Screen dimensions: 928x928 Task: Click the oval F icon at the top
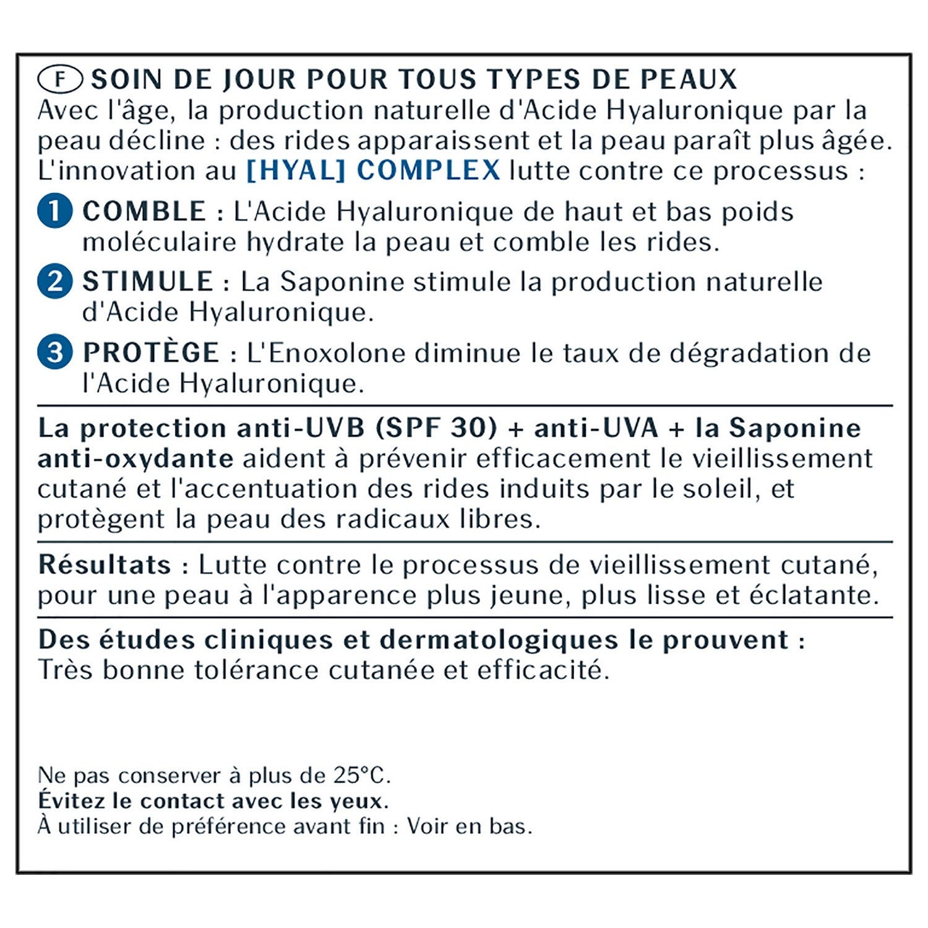60,79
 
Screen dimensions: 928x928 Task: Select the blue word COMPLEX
429,170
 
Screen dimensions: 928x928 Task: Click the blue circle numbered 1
55,211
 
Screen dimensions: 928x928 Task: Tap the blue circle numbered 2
55,281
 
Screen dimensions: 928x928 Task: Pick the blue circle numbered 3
55,353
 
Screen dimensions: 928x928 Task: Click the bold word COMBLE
144,212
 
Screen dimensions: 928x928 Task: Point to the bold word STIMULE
148,282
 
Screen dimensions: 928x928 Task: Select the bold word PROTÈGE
151,352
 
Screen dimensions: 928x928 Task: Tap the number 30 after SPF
474,428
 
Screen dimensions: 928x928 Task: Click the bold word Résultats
105,564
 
